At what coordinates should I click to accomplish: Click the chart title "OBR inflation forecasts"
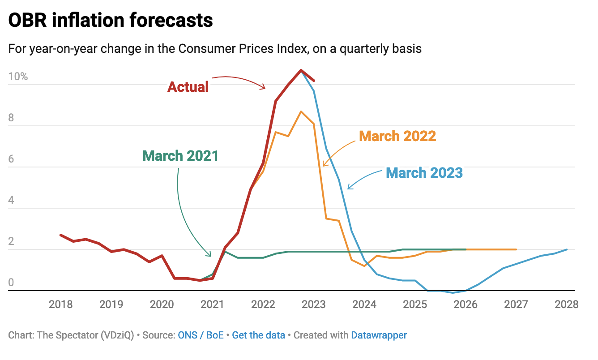click(111, 21)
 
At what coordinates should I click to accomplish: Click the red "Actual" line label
click(188, 86)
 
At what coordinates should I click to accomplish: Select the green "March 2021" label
click(180, 156)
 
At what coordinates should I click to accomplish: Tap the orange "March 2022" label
click(397, 136)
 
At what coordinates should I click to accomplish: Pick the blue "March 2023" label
click(424, 172)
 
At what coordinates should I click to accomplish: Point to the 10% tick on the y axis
click(18, 77)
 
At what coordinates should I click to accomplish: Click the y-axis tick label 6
click(11, 159)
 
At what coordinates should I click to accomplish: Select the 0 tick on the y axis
click(11, 283)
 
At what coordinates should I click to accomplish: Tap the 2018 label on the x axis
click(61, 305)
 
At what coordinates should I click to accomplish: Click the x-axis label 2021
click(212, 305)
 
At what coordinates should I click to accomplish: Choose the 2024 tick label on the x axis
click(364, 305)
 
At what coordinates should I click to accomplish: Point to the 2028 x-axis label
click(567, 305)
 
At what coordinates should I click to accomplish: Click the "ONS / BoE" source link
click(201, 335)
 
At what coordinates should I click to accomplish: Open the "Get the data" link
click(258, 335)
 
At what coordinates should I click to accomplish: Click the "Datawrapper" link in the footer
click(379, 335)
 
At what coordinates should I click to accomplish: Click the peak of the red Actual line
click(301, 70)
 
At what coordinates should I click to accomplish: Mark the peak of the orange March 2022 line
click(301, 111)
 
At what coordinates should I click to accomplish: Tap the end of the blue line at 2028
click(567, 249)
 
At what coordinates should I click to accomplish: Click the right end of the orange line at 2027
click(516, 249)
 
